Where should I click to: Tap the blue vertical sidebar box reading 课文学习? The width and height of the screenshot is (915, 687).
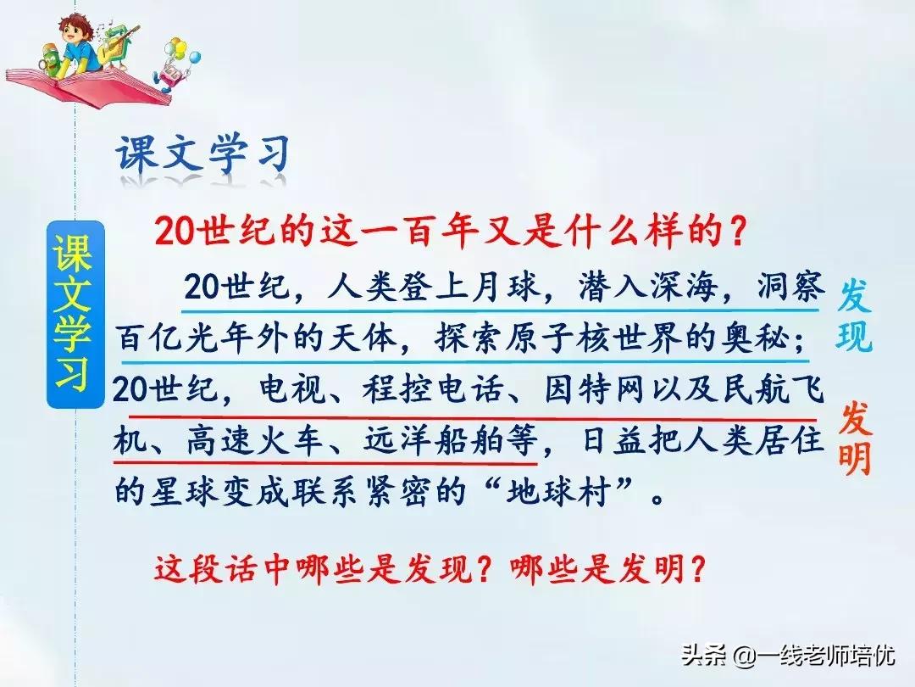[x=75, y=315]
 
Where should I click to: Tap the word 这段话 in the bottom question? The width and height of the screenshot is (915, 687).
[x=203, y=568]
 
